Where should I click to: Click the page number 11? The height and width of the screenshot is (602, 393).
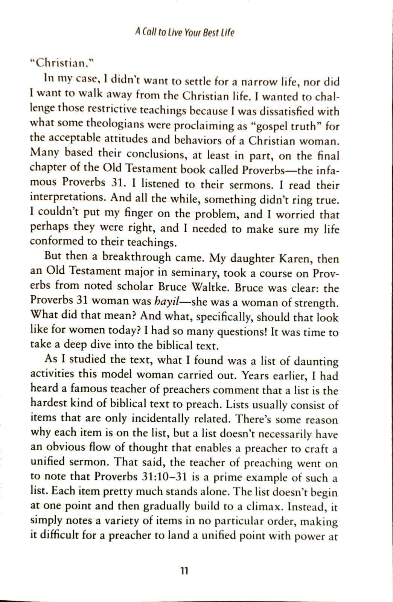(184, 571)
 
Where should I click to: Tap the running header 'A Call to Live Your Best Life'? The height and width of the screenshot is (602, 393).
(184, 33)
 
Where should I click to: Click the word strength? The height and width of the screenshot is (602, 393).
(316, 303)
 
